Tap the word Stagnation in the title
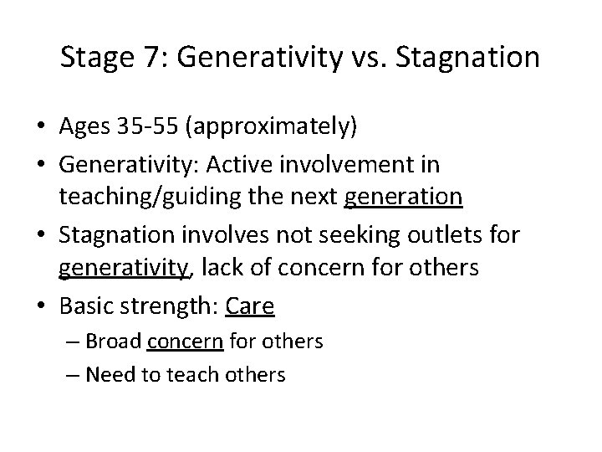click(x=470, y=59)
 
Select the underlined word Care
click(x=250, y=306)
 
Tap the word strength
click(x=165, y=306)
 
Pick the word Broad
click(x=115, y=342)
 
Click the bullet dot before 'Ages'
click(x=38, y=127)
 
